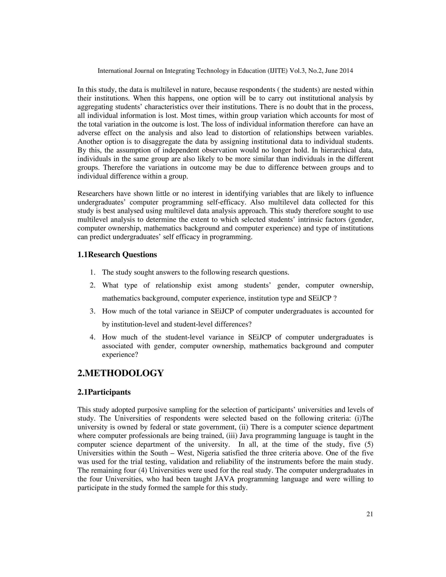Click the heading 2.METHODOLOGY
tap(120, 373)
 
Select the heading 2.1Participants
tap(104, 392)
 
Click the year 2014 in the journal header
tap(346, 71)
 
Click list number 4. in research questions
tap(93, 337)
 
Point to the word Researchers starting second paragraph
tap(95, 194)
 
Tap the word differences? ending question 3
tap(233, 324)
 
